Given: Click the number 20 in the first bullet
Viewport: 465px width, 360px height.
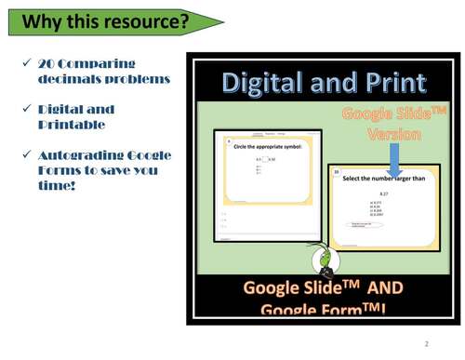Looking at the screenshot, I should pyautogui.click(x=46, y=64).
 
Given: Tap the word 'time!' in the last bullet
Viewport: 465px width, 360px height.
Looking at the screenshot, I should pyautogui.click(x=57, y=185).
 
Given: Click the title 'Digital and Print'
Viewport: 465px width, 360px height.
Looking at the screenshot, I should pyautogui.click(x=324, y=84).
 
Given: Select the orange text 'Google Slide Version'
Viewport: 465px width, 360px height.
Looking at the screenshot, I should pyautogui.click(x=394, y=125).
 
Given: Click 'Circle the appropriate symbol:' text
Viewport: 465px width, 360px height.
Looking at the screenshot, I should pyautogui.click(x=263, y=146).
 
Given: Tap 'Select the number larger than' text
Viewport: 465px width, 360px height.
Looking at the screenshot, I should pyautogui.click(x=383, y=178).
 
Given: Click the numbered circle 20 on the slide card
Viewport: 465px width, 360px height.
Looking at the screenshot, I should pyautogui.click(x=337, y=172).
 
